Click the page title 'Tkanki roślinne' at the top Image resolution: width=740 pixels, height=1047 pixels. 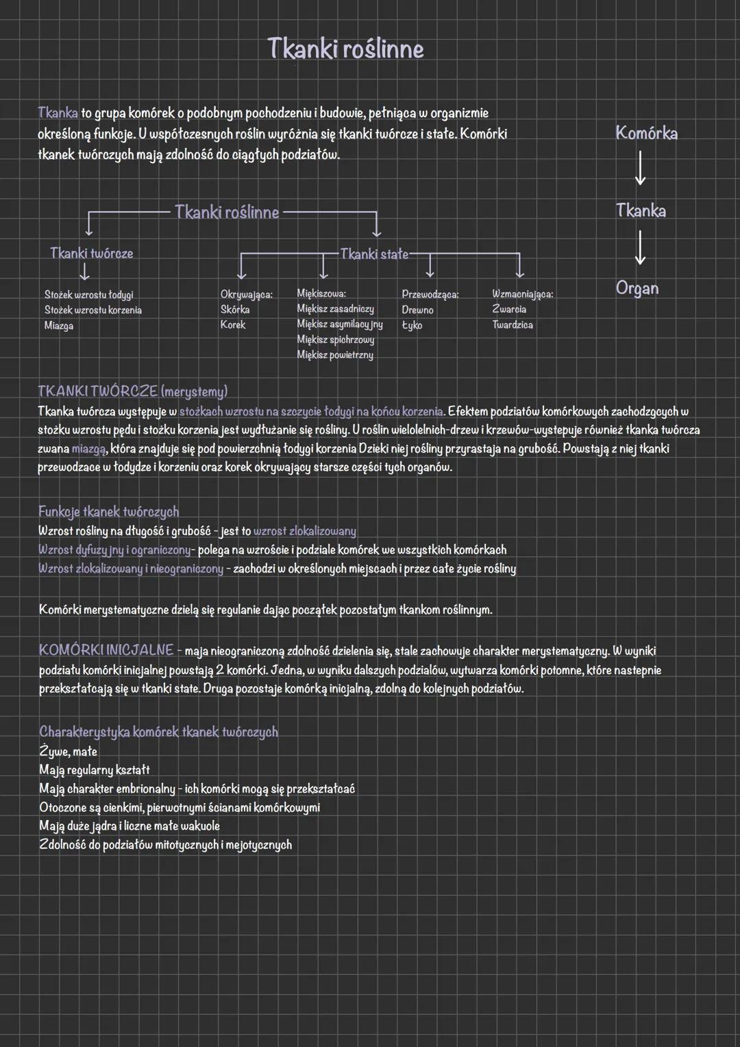(x=345, y=49)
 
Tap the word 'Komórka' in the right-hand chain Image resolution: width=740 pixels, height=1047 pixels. (x=646, y=133)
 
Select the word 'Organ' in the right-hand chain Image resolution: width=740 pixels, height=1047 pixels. (x=637, y=288)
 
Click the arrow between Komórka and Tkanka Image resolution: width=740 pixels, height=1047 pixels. (x=640, y=169)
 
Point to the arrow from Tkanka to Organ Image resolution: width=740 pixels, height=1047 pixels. (x=640, y=248)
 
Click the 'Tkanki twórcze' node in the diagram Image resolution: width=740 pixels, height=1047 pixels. (x=91, y=254)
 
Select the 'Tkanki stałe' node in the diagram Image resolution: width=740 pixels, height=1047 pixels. (x=373, y=254)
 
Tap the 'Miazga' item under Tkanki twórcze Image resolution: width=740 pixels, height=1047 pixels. (x=59, y=326)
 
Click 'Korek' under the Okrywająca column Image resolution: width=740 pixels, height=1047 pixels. (x=232, y=325)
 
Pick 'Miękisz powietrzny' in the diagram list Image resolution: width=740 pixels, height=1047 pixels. (x=334, y=355)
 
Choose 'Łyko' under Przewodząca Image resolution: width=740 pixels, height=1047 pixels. (x=412, y=325)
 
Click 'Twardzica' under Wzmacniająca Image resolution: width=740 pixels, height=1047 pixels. (x=512, y=325)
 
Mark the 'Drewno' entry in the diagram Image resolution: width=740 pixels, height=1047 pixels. (x=417, y=310)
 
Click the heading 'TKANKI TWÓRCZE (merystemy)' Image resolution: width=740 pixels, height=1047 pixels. (x=132, y=392)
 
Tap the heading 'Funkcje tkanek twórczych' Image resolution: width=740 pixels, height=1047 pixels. (x=108, y=512)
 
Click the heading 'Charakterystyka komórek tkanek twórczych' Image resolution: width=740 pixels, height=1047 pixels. (x=158, y=732)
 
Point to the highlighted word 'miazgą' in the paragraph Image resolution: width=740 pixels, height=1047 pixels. (x=89, y=449)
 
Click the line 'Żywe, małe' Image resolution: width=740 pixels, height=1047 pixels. (x=68, y=751)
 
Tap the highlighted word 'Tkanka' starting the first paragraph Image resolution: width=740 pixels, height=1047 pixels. (x=58, y=112)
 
